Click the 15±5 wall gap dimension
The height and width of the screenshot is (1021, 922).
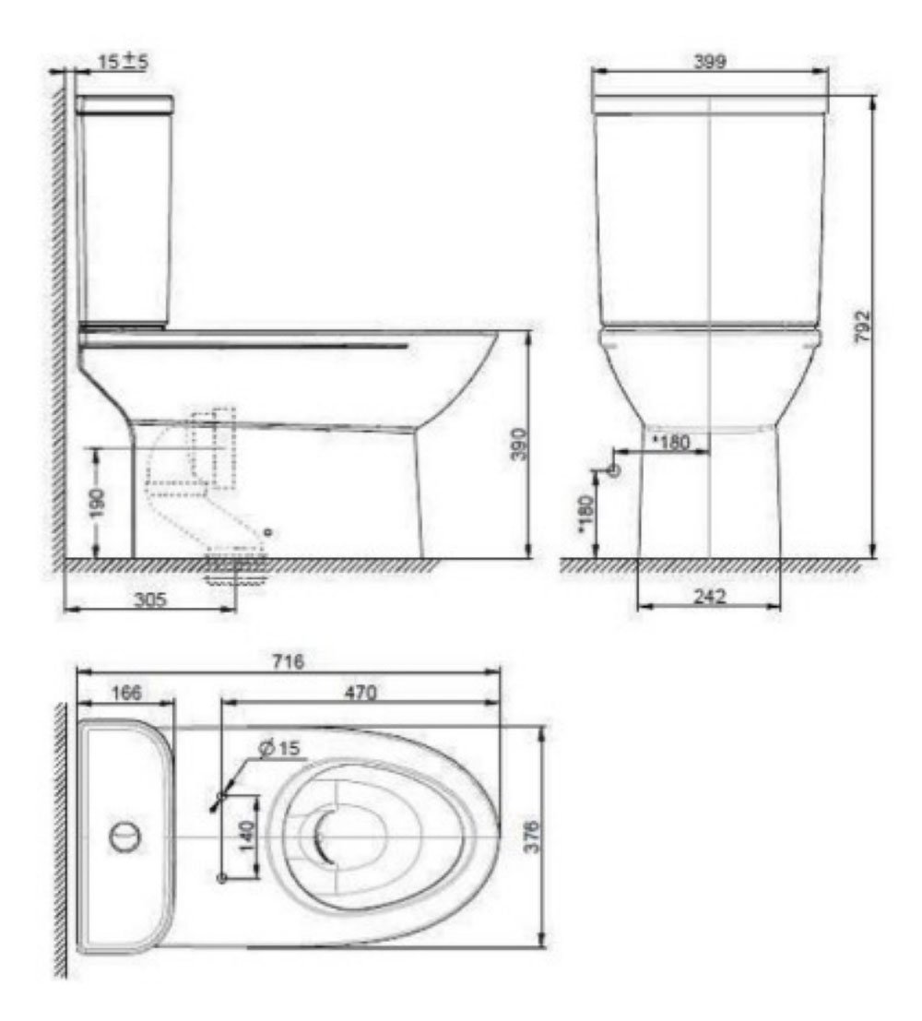124,62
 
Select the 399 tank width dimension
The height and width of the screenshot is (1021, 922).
711,62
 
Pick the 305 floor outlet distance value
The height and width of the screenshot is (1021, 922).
149,600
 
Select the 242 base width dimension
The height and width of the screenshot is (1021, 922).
709,597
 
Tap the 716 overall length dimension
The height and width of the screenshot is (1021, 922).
288,661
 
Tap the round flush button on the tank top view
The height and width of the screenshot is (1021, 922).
124,836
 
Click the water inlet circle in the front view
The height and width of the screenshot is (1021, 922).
615,470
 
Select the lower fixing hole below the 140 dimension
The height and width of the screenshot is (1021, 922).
220,877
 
